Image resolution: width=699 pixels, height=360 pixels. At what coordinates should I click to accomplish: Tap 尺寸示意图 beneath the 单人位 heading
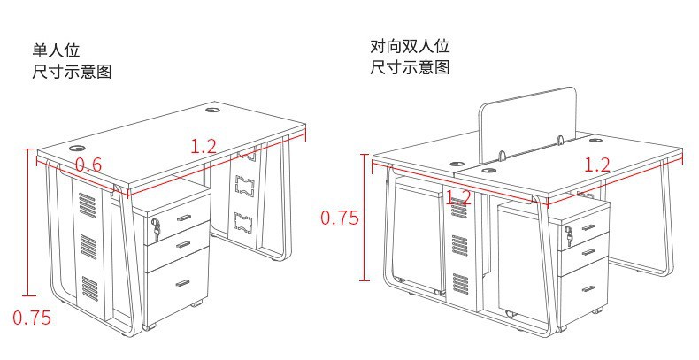(73, 72)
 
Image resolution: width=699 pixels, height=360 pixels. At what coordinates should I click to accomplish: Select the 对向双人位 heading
(411, 46)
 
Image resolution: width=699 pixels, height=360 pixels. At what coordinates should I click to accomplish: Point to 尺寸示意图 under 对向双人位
(411, 68)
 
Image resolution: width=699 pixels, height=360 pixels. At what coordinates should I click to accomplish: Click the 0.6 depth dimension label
(88, 165)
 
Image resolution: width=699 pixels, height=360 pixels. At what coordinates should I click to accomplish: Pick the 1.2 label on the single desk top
(204, 147)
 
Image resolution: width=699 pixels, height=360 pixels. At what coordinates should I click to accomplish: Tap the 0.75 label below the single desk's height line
(31, 317)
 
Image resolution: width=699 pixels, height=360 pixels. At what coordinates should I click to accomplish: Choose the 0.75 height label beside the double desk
(339, 218)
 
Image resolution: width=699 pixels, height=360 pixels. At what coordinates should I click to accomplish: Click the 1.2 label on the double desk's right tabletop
(598, 164)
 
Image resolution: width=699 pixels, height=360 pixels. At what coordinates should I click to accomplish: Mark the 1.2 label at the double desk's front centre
(457, 197)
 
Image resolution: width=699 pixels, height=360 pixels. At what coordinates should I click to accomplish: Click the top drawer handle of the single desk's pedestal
(184, 216)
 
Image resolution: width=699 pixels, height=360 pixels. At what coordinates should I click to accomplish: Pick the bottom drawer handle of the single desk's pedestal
(183, 283)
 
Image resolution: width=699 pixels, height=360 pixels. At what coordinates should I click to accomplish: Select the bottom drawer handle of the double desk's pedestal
(588, 288)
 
